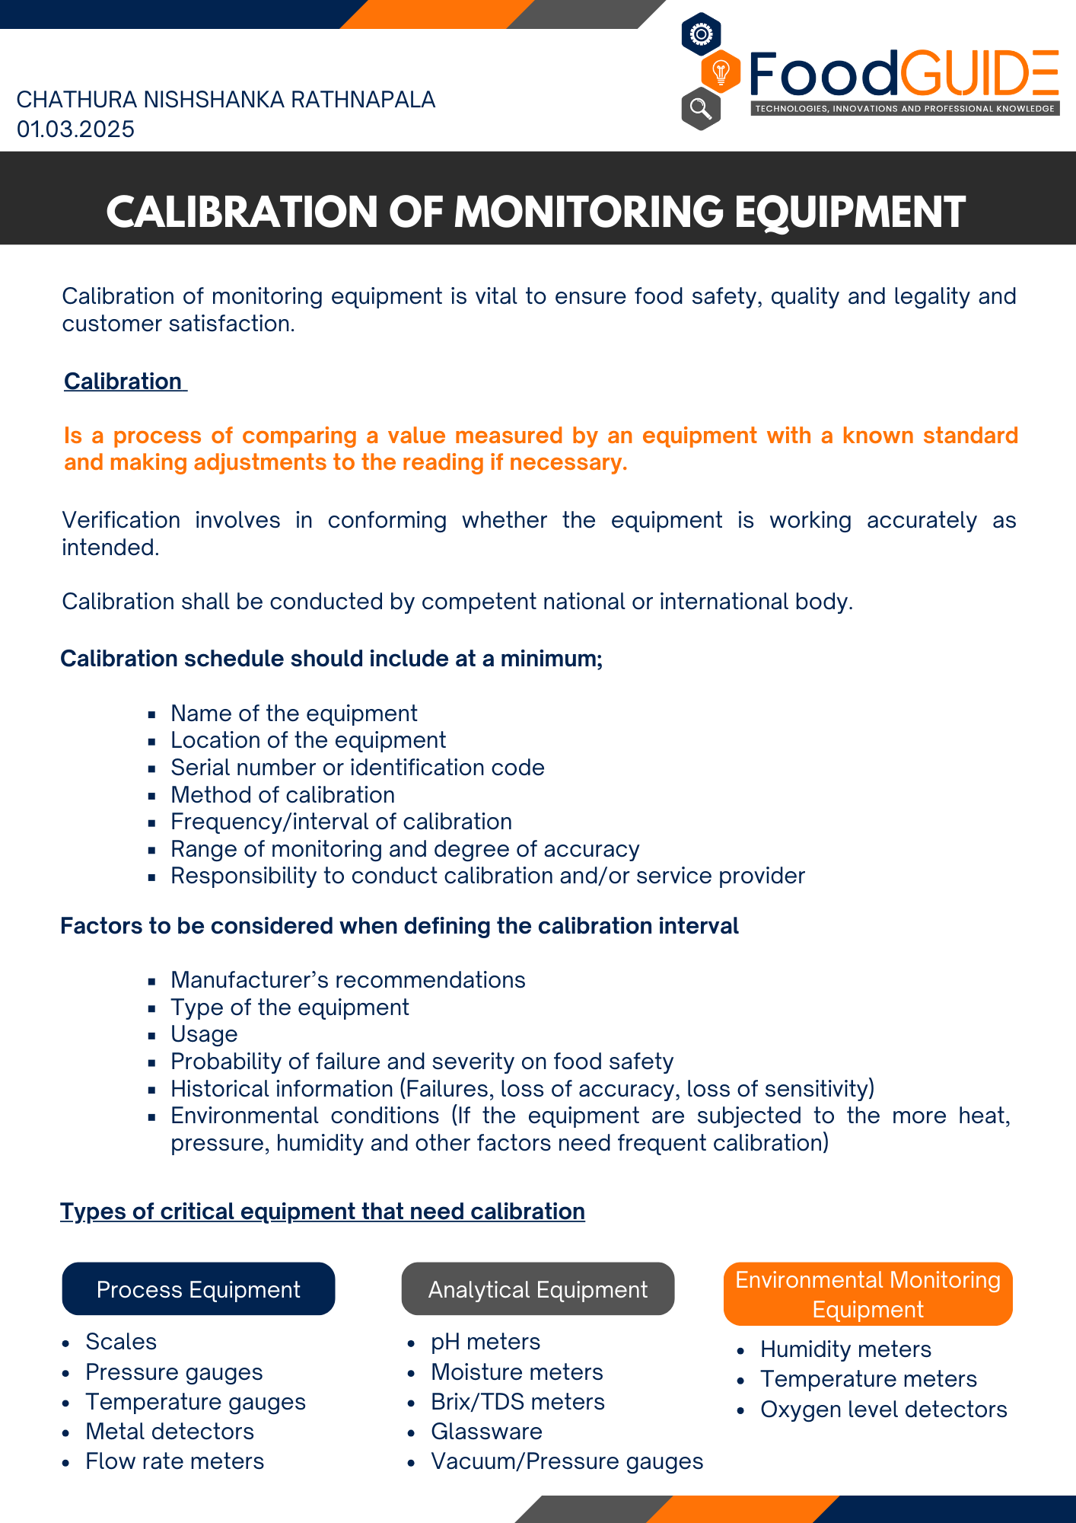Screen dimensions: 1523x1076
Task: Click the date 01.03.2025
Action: pos(75,129)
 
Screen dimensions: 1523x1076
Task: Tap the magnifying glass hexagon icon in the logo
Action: pos(701,109)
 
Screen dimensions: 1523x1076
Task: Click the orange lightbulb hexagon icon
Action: pos(720,72)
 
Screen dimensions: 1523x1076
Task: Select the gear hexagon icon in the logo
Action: pos(701,34)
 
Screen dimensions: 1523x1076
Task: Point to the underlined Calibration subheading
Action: pos(123,381)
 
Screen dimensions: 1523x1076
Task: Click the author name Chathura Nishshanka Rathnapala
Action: pos(225,100)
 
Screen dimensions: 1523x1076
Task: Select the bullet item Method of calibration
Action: pos(282,795)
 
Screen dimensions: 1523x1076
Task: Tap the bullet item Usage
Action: pos(204,1034)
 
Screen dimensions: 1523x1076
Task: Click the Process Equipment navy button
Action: pos(198,1289)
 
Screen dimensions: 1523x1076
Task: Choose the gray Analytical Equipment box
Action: pos(537,1289)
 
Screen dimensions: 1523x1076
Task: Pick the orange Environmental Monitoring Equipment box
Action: pos(867,1295)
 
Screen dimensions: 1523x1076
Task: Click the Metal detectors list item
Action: pos(170,1432)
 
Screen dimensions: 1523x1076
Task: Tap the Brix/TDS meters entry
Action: pos(517,1402)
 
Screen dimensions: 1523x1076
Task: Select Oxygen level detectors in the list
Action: pos(883,1410)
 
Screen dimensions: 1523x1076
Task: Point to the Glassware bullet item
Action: pos(486,1432)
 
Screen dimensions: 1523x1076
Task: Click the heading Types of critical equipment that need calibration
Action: pos(323,1212)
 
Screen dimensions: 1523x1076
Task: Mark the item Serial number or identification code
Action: pos(358,768)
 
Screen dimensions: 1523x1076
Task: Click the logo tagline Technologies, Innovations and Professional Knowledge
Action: pos(905,109)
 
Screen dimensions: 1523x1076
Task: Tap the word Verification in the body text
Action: pos(121,520)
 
